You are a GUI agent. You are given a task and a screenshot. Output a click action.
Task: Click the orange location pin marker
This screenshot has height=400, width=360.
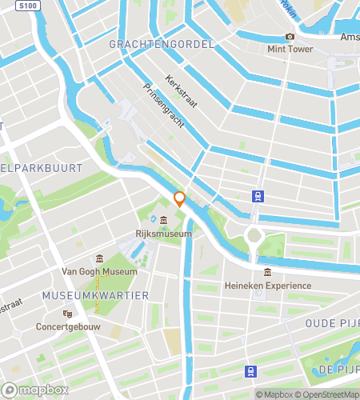point(180,200)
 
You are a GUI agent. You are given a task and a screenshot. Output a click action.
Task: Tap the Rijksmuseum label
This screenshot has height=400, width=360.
point(163,234)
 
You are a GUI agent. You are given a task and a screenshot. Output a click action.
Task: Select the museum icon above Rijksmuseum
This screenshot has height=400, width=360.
point(163,221)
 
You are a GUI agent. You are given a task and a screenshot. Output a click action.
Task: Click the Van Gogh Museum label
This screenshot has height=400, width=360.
point(100,271)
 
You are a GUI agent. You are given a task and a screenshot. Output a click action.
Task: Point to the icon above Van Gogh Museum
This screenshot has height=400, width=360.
point(100,258)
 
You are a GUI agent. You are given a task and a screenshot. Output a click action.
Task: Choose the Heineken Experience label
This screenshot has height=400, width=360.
point(267,286)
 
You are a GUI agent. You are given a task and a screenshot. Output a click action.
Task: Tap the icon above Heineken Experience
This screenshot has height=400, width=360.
point(267,273)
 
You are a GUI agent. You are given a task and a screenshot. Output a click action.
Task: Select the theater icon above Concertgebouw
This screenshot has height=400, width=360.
point(67,314)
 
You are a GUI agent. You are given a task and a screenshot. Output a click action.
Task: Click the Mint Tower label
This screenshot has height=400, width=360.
point(290,48)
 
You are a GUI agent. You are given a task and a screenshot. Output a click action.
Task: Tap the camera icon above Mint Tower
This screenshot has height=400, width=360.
point(290,36)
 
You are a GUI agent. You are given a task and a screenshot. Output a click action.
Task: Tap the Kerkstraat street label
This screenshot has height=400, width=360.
point(181,92)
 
